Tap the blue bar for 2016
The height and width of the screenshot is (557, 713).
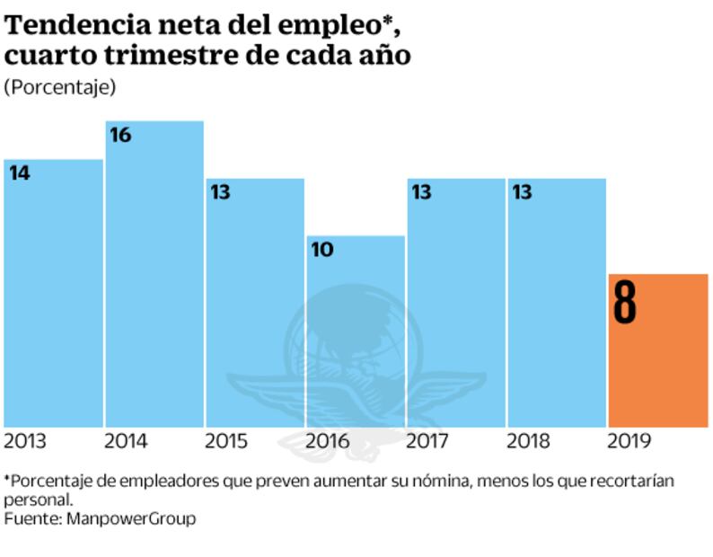[x=356, y=332]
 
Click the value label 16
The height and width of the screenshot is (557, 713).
[x=120, y=136]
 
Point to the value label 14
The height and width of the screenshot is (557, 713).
[x=20, y=173]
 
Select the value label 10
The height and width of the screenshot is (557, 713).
[x=322, y=250]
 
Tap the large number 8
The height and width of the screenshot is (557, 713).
[x=625, y=302]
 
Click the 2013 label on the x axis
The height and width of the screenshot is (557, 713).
[x=26, y=441]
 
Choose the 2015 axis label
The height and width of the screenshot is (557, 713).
[x=228, y=441]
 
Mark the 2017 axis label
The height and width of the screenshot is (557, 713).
[x=429, y=441]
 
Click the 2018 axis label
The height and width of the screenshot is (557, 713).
[x=530, y=441]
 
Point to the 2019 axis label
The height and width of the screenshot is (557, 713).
[x=631, y=441]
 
